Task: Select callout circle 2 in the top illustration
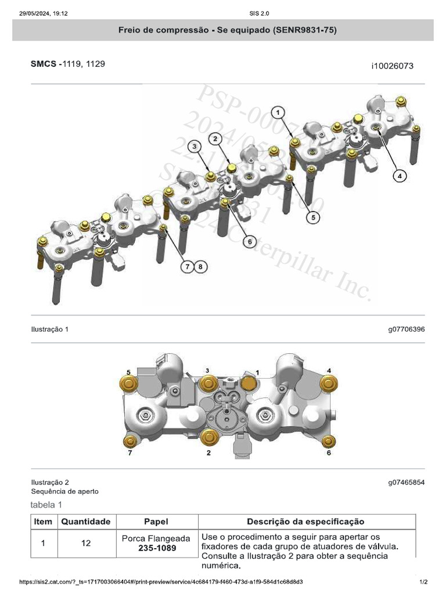click(x=215, y=139)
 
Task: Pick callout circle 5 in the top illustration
click(x=312, y=218)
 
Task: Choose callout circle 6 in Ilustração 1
click(x=249, y=241)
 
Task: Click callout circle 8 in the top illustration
click(x=200, y=266)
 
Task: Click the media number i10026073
click(x=392, y=66)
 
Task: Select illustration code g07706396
click(x=407, y=329)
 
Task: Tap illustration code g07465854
click(x=407, y=482)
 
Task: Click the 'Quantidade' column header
click(x=86, y=521)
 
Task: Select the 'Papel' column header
click(x=156, y=521)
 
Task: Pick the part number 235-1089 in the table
click(x=156, y=548)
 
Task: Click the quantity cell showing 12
click(x=86, y=544)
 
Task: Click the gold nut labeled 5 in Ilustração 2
click(x=127, y=383)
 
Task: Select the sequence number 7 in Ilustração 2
click(x=130, y=454)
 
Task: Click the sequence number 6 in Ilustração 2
click(x=328, y=453)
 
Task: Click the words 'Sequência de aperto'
click(x=64, y=491)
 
